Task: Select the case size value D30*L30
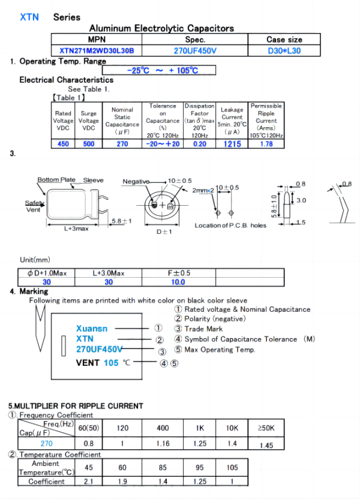(x=284, y=51)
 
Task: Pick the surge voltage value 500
(x=89, y=144)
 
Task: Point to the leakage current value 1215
(x=232, y=144)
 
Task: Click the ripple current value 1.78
(x=266, y=144)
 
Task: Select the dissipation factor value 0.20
(x=200, y=144)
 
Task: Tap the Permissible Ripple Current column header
(x=266, y=120)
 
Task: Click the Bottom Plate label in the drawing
(x=56, y=180)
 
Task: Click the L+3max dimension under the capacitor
(x=76, y=229)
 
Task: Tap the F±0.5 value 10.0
(x=178, y=282)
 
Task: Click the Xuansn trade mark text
(x=92, y=329)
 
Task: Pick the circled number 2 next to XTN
(x=160, y=340)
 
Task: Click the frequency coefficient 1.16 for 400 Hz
(x=163, y=444)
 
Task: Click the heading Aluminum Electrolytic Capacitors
(x=161, y=28)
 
